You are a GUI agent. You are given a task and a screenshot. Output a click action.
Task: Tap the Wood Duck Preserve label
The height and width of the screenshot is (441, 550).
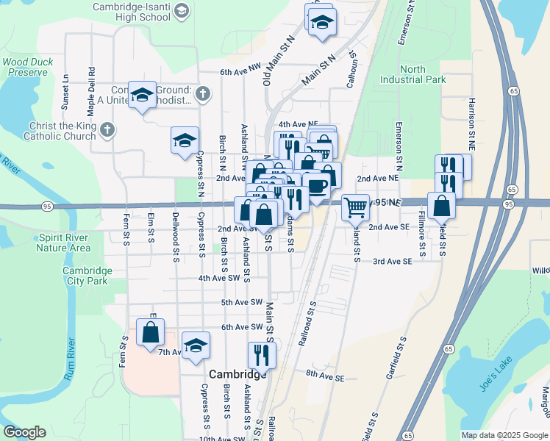(x=29, y=68)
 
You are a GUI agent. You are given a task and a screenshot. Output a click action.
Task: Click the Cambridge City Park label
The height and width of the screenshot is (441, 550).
(x=87, y=276)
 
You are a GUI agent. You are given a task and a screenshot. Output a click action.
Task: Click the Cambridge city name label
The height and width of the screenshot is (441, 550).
(x=238, y=374)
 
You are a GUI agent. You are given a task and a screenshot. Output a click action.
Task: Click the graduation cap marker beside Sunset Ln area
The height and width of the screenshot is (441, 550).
(x=142, y=95)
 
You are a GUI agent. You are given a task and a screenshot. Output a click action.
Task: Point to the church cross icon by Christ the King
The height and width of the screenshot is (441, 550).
(x=107, y=131)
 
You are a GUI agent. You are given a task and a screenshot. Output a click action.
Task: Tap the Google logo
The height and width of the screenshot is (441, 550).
(x=25, y=432)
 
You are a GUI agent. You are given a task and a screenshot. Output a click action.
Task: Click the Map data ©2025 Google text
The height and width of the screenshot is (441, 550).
(x=504, y=435)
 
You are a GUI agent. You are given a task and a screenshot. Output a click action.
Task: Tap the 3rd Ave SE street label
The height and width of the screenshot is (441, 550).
(x=391, y=261)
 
